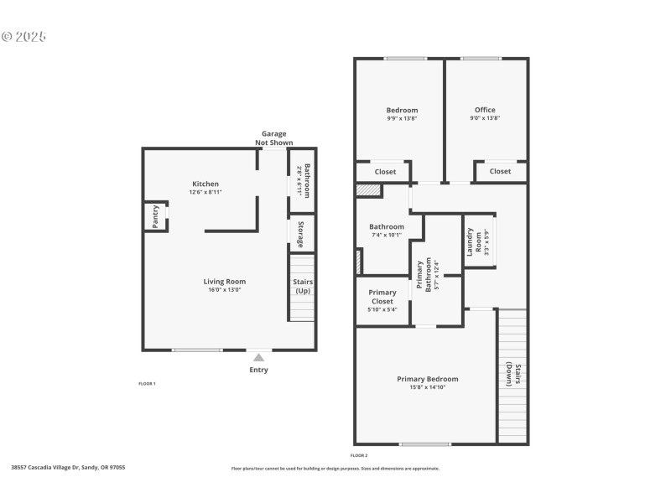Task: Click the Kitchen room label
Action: (x=205, y=184)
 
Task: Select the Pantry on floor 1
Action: (x=155, y=217)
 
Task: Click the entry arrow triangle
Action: (x=259, y=357)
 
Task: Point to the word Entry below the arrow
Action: (x=259, y=370)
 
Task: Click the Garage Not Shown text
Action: (x=274, y=138)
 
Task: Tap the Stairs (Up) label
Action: (x=303, y=286)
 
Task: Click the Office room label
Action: (x=485, y=110)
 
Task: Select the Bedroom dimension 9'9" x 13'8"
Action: (x=402, y=118)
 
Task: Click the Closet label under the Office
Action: (x=500, y=171)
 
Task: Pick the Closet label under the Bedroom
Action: (x=385, y=171)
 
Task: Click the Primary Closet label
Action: (x=382, y=297)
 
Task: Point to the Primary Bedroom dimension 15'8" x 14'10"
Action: (x=428, y=387)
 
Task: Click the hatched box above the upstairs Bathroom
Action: (x=367, y=191)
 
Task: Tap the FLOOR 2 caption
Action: (x=359, y=454)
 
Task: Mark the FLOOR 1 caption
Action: (x=147, y=383)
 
